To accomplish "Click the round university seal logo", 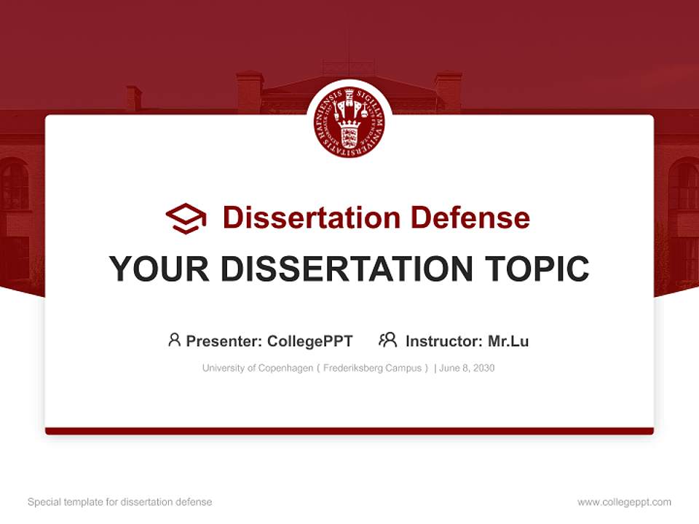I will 349,122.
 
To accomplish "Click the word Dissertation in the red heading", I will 311,218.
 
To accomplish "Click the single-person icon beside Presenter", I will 174,340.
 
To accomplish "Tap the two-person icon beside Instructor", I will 387,340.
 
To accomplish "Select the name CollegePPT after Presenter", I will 310,341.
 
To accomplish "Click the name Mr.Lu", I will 508,341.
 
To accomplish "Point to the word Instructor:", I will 444,341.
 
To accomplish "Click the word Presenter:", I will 224,341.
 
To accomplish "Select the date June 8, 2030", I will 467,368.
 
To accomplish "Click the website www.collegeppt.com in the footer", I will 624,502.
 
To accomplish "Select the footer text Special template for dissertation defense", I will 120,502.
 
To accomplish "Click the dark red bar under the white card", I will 349,431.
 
